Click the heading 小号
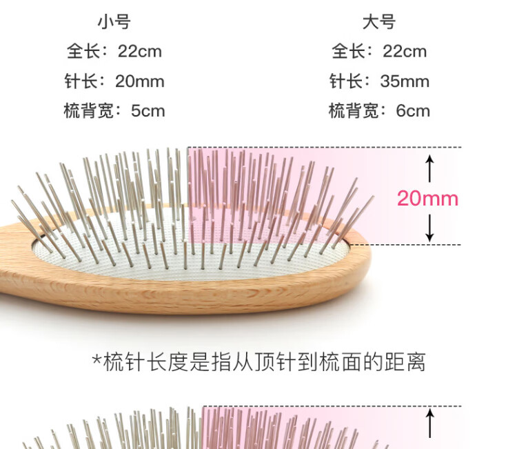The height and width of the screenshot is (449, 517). [x=114, y=22]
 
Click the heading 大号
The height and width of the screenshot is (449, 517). [x=379, y=22]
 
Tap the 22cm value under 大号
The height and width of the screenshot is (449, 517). [x=404, y=52]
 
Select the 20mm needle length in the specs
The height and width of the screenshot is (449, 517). [x=140, y=81]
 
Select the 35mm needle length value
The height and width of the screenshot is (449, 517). [x=405, y=81]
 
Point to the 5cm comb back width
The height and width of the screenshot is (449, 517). [x=148, y=111]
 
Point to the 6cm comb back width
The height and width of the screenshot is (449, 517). [x=413, y=111]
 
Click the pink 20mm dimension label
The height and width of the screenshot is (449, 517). [x=427, y=199]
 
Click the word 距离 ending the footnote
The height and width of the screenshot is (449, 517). [x=408, y=361]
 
